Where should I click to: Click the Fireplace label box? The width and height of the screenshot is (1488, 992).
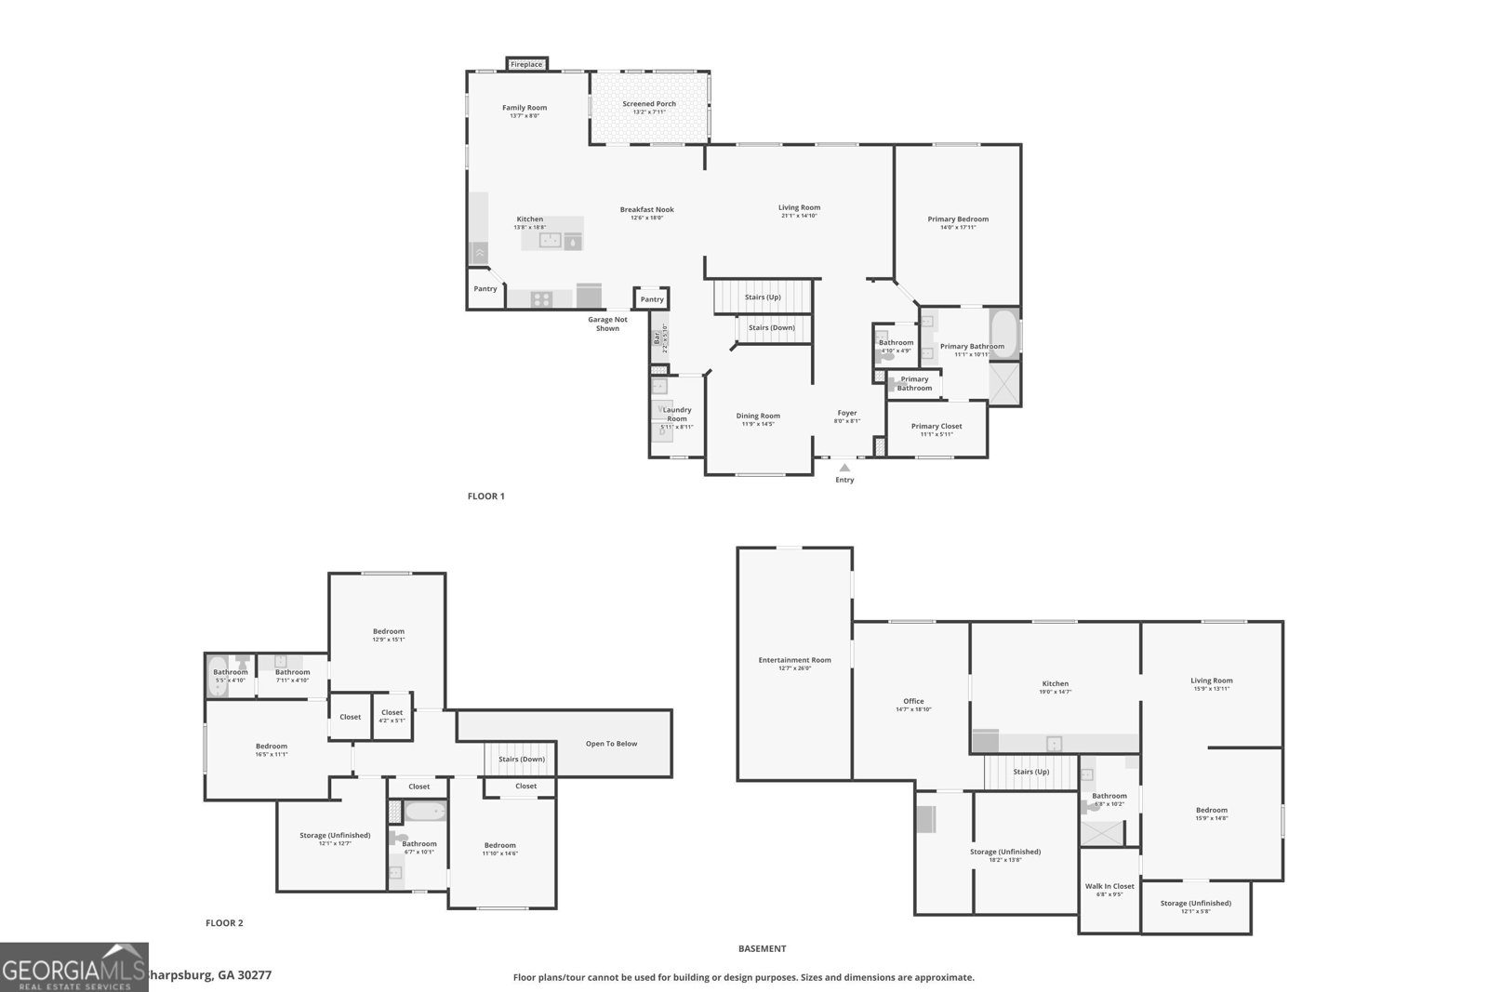point(526,64)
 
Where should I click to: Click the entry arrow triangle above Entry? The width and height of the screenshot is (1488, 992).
point(844,468)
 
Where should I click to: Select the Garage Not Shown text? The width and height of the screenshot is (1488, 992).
point(607,324)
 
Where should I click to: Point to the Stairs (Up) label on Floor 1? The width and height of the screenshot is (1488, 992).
point(763,298)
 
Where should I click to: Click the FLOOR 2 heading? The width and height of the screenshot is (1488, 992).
point(224,923)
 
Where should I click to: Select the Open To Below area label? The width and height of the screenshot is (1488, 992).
point(611,744)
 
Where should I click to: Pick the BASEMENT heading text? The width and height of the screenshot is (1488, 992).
point(762,949)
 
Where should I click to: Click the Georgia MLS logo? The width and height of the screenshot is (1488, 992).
point(73,967)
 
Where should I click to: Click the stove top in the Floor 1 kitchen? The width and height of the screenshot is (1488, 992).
point(541,298)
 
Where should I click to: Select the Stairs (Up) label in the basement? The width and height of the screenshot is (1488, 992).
point(1030,772)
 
